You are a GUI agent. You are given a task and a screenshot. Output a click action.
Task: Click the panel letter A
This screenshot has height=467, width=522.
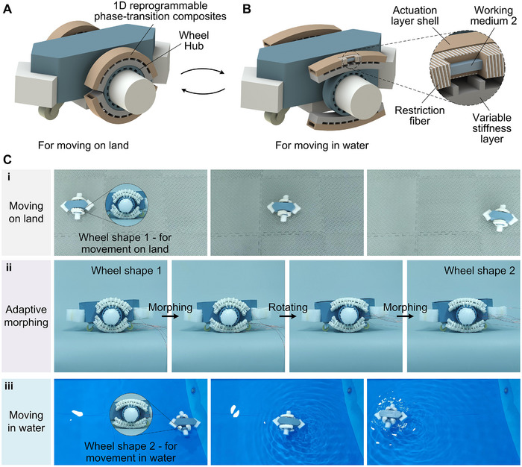click(7, 9)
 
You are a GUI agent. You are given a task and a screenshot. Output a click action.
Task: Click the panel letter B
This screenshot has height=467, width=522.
click(247, 9)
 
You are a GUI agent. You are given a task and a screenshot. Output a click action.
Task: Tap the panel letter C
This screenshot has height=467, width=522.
click(7, 160)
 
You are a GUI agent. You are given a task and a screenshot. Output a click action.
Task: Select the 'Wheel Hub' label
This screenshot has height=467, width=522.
click(194, 40)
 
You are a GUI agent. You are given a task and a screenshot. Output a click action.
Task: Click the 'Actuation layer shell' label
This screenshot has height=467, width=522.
click(415, 16)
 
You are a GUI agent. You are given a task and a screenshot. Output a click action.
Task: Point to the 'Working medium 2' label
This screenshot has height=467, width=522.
click(494, 16)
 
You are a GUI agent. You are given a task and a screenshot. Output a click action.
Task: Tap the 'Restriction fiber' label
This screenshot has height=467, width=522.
click(419, 115)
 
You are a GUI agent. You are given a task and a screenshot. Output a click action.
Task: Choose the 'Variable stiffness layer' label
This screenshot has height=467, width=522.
click(491, 128)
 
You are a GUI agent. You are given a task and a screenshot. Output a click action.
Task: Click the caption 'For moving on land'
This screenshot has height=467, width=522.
click(84, 145)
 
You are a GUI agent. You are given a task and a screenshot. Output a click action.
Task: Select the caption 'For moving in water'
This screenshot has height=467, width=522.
click(322, 145)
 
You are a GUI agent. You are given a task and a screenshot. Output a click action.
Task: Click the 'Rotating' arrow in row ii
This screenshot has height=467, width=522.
click(288, 316)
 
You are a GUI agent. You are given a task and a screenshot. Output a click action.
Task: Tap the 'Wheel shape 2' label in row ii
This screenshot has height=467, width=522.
click(479, 271)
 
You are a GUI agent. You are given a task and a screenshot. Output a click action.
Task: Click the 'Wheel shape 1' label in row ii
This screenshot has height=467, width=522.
click(126, 271)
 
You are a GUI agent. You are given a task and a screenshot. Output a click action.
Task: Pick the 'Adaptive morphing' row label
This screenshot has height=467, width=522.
click(26, 316)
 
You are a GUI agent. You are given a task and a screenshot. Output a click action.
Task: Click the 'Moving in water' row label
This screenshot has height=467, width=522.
click(26, 421)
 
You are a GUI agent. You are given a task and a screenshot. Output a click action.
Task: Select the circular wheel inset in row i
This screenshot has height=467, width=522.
click(127, 204)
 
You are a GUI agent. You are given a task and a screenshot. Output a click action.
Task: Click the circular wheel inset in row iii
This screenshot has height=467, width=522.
click(130, 414)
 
